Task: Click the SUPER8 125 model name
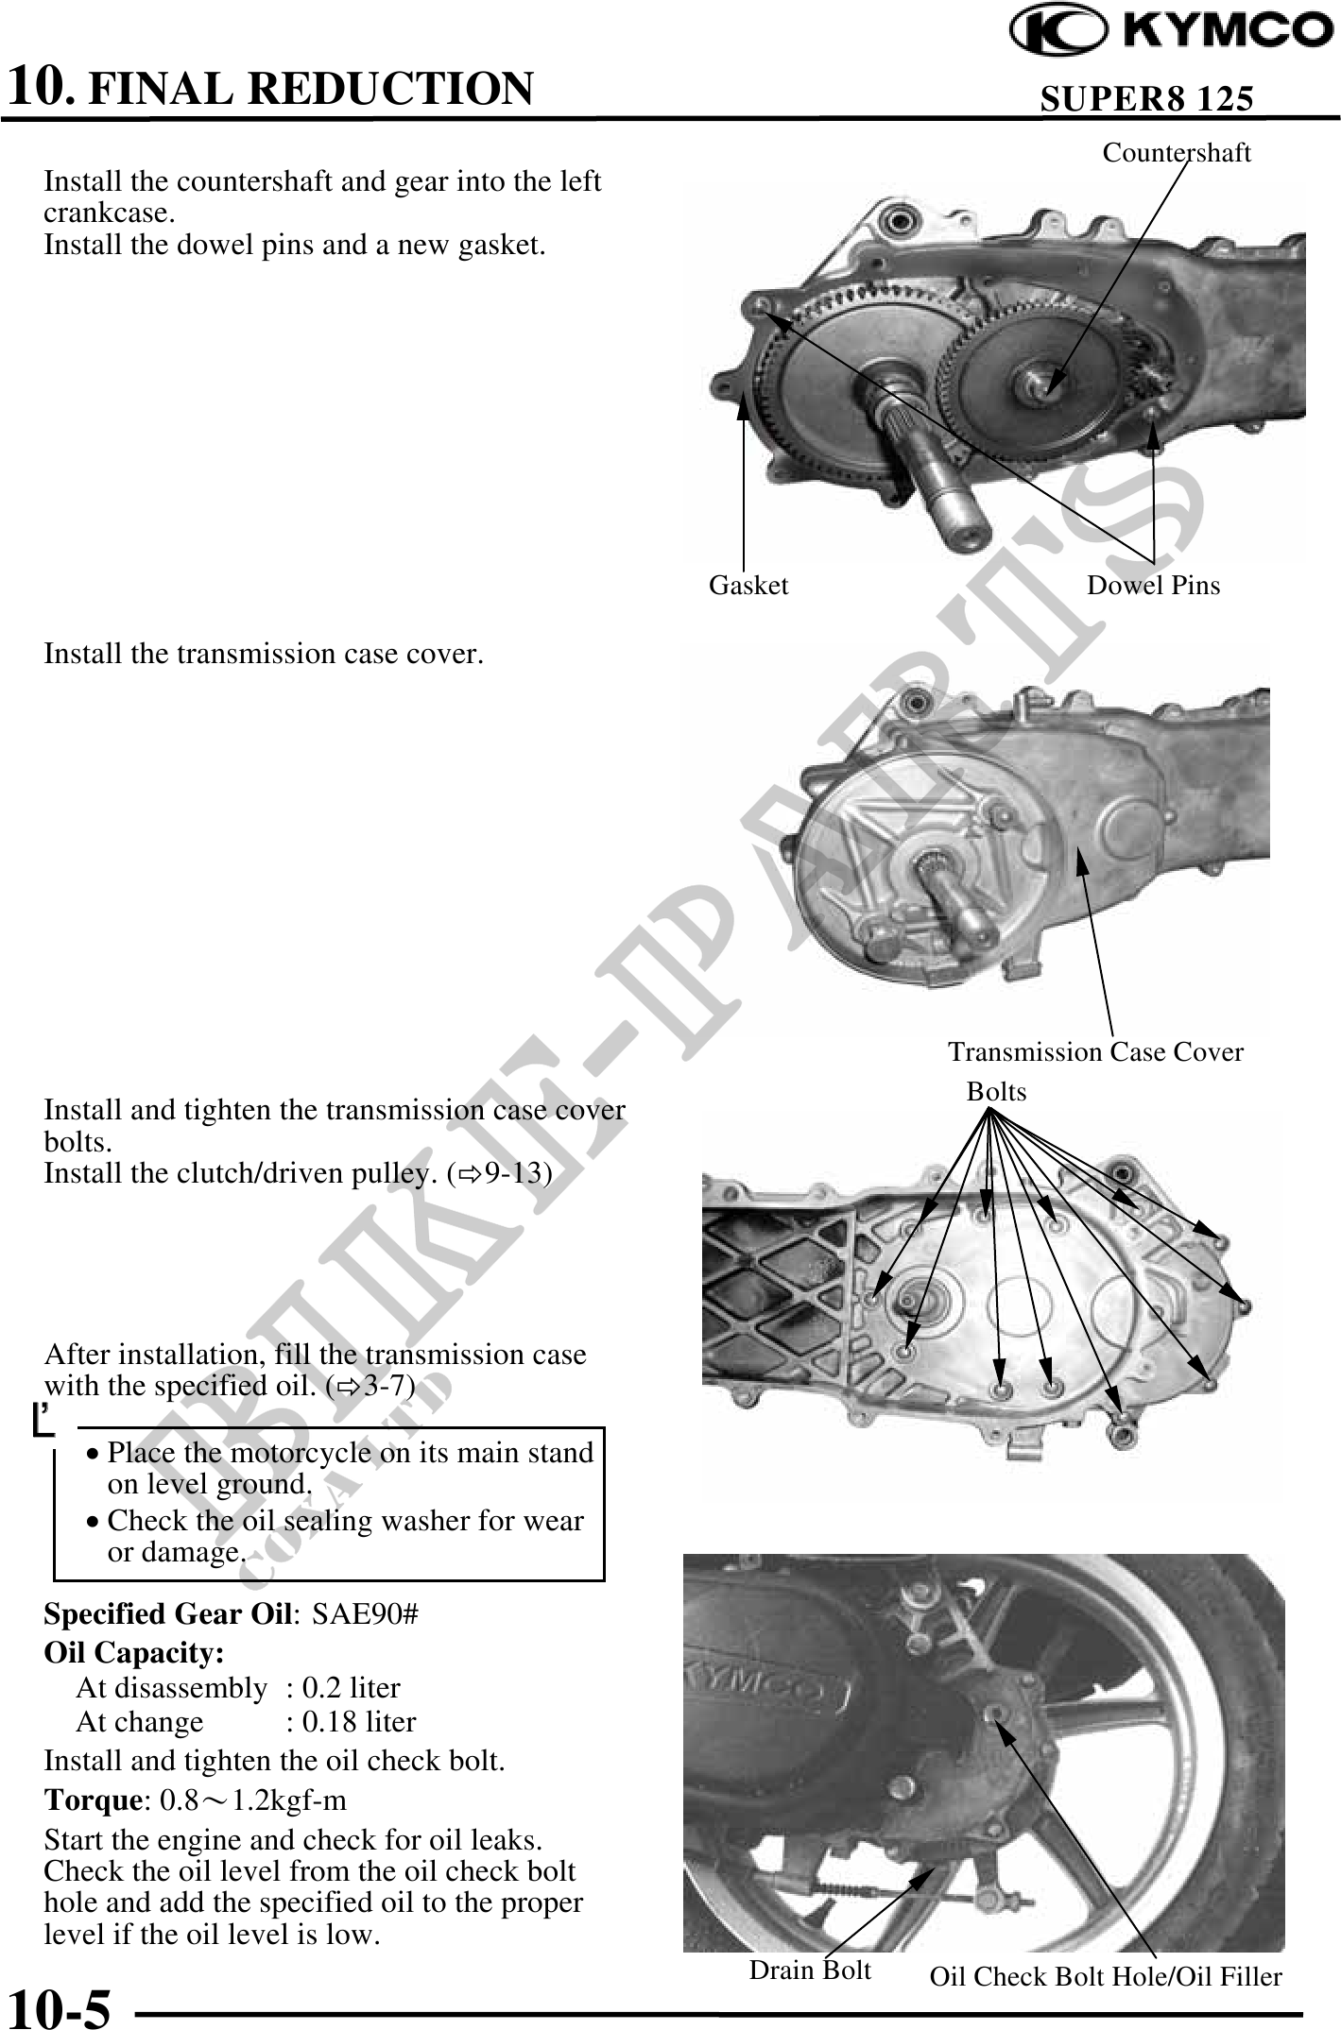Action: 1146,98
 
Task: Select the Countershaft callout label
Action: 1177,153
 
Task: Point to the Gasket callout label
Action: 748,586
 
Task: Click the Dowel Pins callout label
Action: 1153,586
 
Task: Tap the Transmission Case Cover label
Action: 1095,1051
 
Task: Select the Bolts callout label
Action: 996,1092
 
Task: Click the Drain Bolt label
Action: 810,1970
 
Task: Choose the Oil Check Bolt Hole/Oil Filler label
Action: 1106,1976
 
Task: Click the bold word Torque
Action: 93,1800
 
